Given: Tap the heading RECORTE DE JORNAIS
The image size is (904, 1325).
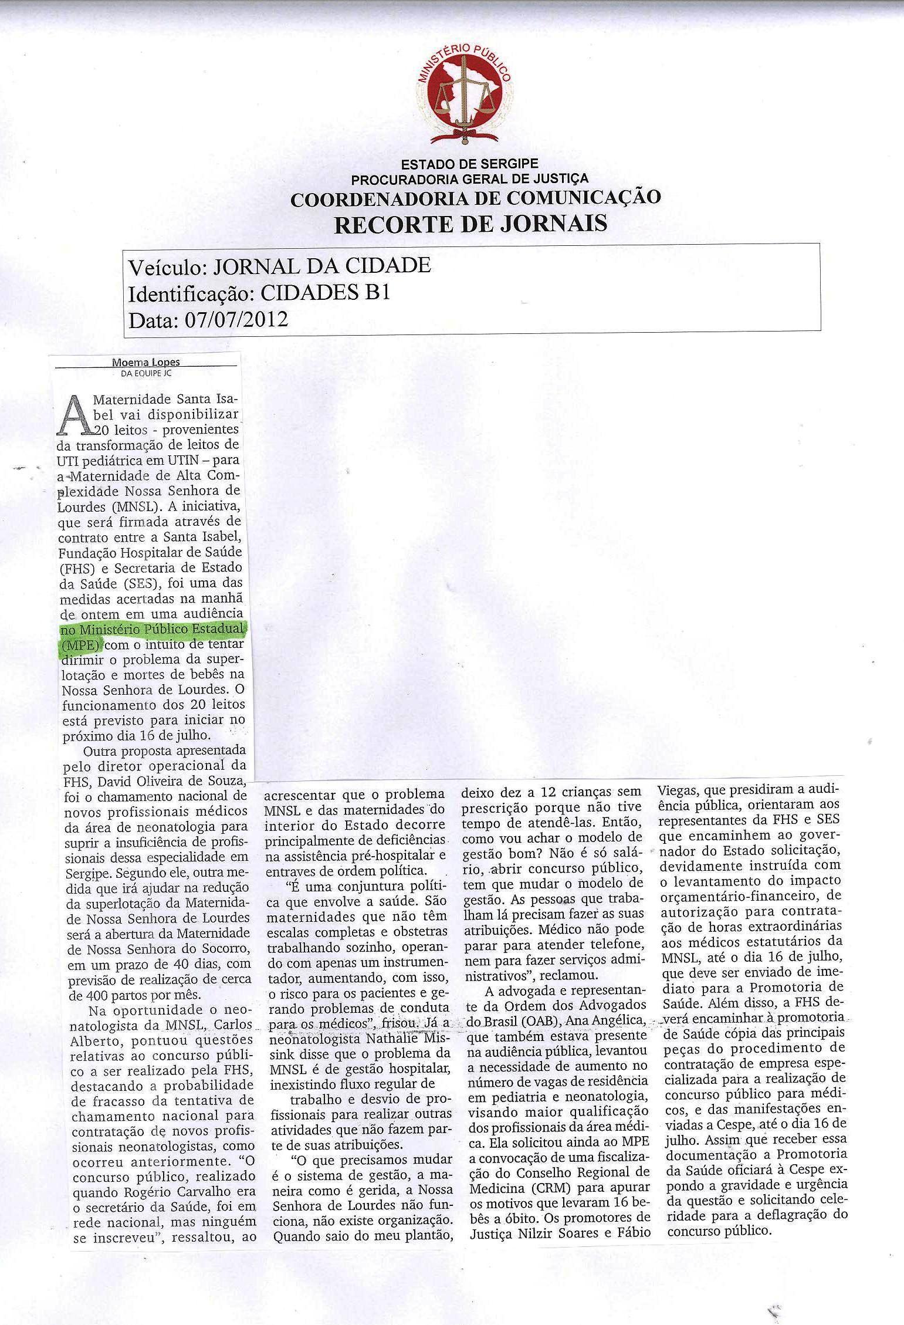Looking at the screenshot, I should pos(470,224).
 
